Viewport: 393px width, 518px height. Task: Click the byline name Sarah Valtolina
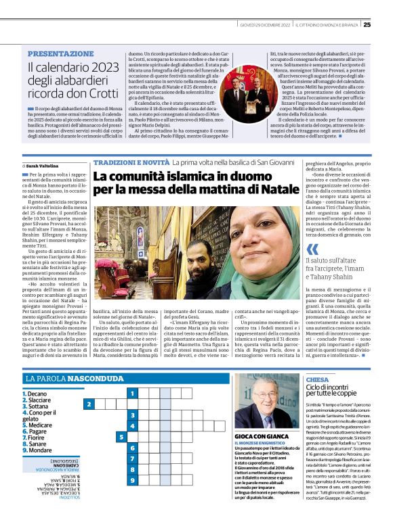[x=43, y=165]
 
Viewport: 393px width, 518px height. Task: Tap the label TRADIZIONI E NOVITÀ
[x=130, y=163]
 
